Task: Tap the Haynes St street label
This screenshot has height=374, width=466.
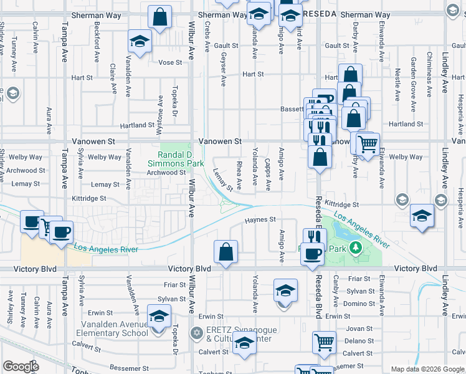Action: click(x=260, y=219)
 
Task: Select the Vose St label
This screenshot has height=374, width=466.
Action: click(x=170, y=62)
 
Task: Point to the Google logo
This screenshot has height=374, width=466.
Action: click(x=21, y=367)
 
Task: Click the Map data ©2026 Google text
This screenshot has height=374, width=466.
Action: click(x=427, y=369)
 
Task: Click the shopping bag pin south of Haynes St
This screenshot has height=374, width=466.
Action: click(x=226, y=252)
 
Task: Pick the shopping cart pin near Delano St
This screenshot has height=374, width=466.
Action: click(x=324, y=342)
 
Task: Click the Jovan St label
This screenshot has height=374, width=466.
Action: click(x=358, y=328)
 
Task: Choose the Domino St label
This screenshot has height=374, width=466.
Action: click(x=361, y=304)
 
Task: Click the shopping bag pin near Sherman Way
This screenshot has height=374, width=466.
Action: click(x=160, y=17)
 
